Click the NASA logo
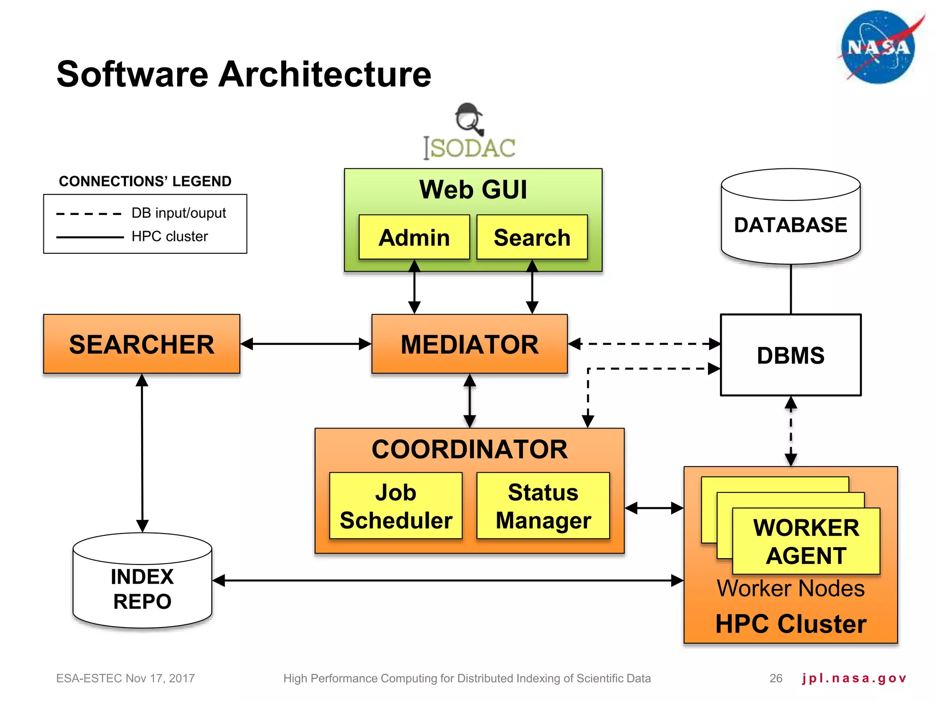[878, 47]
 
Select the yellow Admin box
[414, 237]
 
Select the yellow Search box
[532, 237]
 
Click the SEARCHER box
[142, 344]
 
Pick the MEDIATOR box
[469, 344]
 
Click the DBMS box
[790, 355]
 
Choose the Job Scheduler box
[396, 506]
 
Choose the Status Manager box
[543, 506]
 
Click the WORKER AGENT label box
[806, 541]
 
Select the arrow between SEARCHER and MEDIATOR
[306, 344]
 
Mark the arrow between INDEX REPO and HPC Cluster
[447, 581]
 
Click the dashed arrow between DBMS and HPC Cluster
[791, 431]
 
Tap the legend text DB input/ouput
[179, 213]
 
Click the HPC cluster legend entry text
[169, 236]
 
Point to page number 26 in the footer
[776, 678]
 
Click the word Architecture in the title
[325, 74]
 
